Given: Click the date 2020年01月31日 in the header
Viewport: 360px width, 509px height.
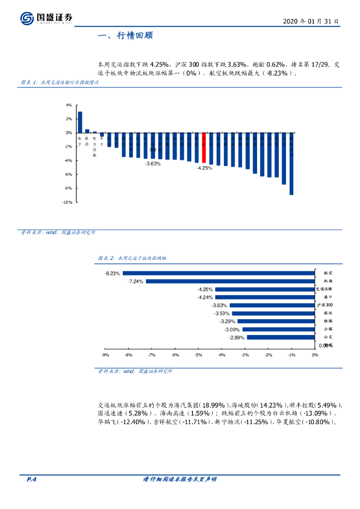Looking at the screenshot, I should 311,21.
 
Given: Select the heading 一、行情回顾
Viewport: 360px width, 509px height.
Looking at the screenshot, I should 126,36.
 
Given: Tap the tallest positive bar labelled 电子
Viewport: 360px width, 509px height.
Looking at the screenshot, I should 80,122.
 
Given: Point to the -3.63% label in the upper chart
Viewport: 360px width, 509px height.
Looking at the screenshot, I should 153,164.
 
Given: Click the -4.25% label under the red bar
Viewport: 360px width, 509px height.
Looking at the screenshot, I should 204,168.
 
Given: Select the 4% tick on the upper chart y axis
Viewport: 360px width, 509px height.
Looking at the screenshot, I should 69,105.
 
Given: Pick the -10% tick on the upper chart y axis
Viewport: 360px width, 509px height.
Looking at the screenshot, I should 67,202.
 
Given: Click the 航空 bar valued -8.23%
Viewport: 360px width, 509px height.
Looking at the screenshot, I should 219,273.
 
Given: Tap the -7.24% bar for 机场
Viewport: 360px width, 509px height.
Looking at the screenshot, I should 230,281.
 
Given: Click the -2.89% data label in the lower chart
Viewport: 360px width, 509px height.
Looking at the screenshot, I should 237,338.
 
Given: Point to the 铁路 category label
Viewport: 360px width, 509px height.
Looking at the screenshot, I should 328,321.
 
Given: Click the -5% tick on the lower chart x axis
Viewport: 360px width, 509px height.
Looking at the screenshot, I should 198,355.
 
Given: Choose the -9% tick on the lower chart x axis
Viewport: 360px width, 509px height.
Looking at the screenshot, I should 105,355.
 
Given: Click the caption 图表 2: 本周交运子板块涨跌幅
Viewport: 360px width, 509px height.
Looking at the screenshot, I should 132,258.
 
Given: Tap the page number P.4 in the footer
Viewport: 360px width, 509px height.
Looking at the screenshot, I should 31,479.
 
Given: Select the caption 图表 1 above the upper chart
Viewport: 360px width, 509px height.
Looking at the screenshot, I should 59,83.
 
